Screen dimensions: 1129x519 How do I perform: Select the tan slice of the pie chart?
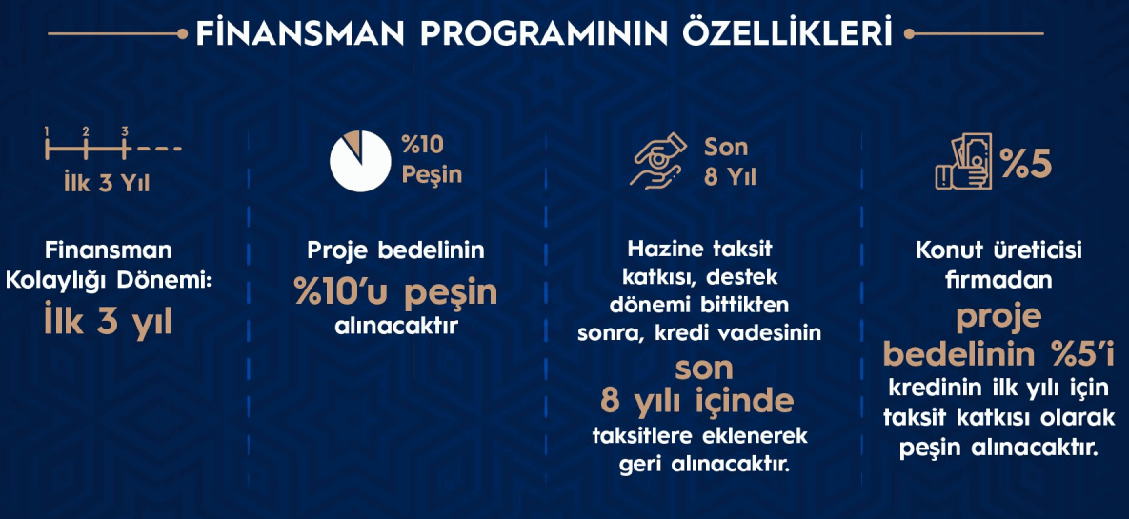(353, 141)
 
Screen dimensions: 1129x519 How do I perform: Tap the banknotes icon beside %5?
(963, 162)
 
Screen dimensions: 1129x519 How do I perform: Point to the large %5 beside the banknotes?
(1026, 164)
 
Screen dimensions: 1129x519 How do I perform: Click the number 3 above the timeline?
(125, 131)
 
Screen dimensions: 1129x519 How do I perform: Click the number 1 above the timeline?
(46, 131)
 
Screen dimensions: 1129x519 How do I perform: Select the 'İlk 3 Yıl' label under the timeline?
(106, 182)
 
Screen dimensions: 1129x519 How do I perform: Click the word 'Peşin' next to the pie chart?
(432, 175)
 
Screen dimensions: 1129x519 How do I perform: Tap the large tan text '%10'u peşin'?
(395, 293)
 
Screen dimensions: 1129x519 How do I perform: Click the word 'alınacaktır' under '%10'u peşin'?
(396, 326)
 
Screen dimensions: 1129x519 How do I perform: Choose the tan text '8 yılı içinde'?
(696, 402)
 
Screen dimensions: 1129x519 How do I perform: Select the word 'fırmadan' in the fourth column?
(998, 278)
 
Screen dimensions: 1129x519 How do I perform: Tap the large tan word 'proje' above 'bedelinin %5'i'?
(998, 319)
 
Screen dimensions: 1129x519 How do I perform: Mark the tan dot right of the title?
(909, 33)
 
